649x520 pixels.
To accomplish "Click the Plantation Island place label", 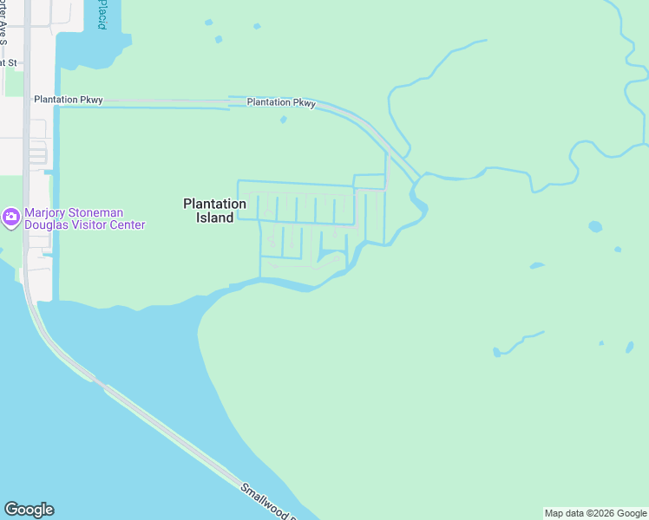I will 214,211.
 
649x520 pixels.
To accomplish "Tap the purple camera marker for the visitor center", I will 11,218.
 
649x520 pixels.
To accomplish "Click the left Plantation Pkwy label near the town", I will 69,100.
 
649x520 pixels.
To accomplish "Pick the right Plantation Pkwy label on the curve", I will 281,102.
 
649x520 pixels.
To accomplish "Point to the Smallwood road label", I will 268,502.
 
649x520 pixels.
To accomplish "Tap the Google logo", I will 29,510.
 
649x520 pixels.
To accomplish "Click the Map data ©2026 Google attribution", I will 595,514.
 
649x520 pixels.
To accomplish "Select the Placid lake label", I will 102,16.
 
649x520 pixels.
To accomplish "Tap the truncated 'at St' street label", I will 9,63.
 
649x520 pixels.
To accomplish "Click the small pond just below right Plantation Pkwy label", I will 284,120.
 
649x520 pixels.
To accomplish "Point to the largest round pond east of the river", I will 595,227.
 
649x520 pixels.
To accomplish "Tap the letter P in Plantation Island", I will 187,205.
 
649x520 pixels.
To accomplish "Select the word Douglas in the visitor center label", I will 48,225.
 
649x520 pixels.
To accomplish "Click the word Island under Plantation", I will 214,218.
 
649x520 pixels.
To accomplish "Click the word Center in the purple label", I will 125,225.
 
